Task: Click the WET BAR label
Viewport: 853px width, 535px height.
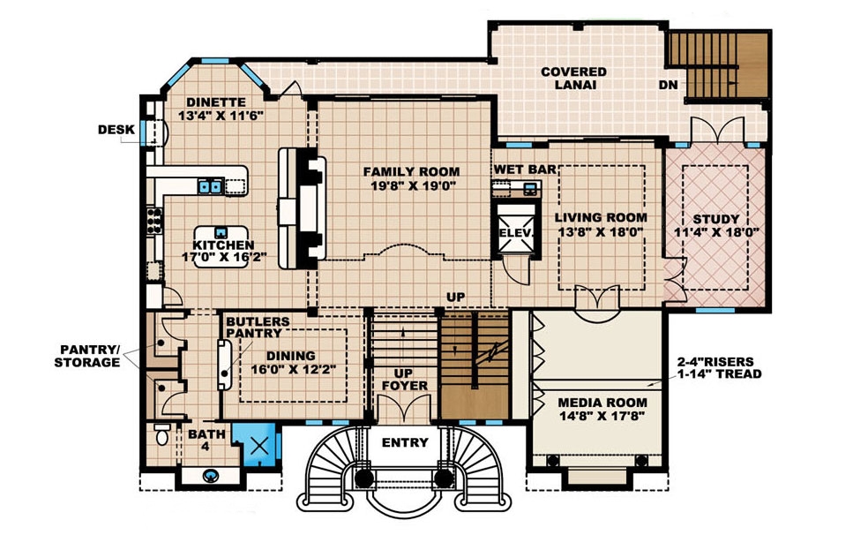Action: (523, 169)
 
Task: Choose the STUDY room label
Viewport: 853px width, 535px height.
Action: (716, 218)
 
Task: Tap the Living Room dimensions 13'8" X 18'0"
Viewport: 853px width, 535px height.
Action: (600, 232)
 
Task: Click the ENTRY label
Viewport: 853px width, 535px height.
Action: (405, 442)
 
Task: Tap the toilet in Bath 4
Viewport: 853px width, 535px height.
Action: (161, 436)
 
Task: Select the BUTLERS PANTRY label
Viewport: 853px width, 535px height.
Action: (253, 328)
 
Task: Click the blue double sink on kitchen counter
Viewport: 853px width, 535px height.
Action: (209, 185)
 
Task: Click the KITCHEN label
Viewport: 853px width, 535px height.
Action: (224, 245)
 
